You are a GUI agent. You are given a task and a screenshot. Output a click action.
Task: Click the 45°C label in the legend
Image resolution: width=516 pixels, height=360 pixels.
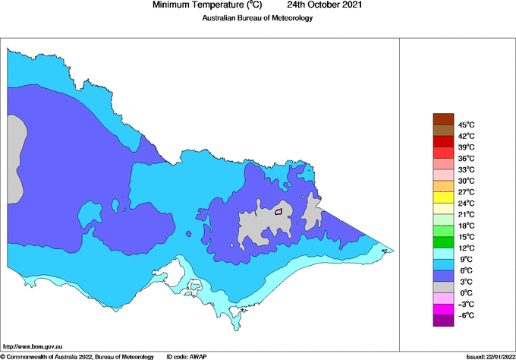(x=466, y=125)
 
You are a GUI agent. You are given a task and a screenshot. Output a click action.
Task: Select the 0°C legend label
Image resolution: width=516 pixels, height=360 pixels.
(x=466, y=292)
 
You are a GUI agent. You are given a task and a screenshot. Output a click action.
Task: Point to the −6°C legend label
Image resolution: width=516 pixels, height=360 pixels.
(x=466, y=315)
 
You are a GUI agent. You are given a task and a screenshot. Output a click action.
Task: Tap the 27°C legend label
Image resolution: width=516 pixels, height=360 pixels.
(x=466, y=192)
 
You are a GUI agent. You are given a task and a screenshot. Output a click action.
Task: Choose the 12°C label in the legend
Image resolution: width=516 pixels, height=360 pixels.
(x=466, y=248)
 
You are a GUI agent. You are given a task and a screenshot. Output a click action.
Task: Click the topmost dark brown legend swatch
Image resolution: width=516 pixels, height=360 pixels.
(x=443, y=118)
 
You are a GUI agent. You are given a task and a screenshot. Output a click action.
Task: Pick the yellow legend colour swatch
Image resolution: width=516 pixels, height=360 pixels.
(x=443, y=197)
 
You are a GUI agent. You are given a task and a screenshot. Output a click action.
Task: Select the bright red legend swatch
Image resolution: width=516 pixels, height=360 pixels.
(x=443, y=141)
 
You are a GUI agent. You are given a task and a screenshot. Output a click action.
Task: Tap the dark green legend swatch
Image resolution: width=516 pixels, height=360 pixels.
(x=443, y=242)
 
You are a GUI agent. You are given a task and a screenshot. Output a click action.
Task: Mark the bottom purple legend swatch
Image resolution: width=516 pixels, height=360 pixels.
(x=443, y=321)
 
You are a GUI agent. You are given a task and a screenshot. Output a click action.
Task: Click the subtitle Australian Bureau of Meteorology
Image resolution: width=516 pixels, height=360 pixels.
(x=257, y=18)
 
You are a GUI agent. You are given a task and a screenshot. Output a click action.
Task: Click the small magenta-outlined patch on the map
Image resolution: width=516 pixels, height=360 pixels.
(x=278, y=212)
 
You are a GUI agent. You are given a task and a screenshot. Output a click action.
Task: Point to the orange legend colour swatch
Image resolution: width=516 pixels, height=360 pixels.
(x=443, y=186)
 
